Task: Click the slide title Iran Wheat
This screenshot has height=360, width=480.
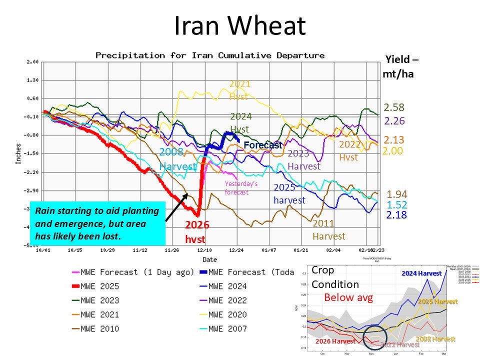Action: coord(239,25)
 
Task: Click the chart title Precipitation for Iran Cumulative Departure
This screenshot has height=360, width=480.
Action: coord(210,55)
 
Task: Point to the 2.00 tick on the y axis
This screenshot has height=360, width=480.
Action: coord(33,62)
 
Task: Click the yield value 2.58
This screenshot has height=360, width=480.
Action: coord(394,107)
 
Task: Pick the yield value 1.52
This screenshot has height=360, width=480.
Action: coord(397,204)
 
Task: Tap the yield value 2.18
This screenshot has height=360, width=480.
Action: coord(397,215)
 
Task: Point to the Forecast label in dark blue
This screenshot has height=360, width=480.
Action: coord(262,145)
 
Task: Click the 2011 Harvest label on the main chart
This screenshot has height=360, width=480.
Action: coord(328,229)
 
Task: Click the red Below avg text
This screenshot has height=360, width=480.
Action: coord(349,297)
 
